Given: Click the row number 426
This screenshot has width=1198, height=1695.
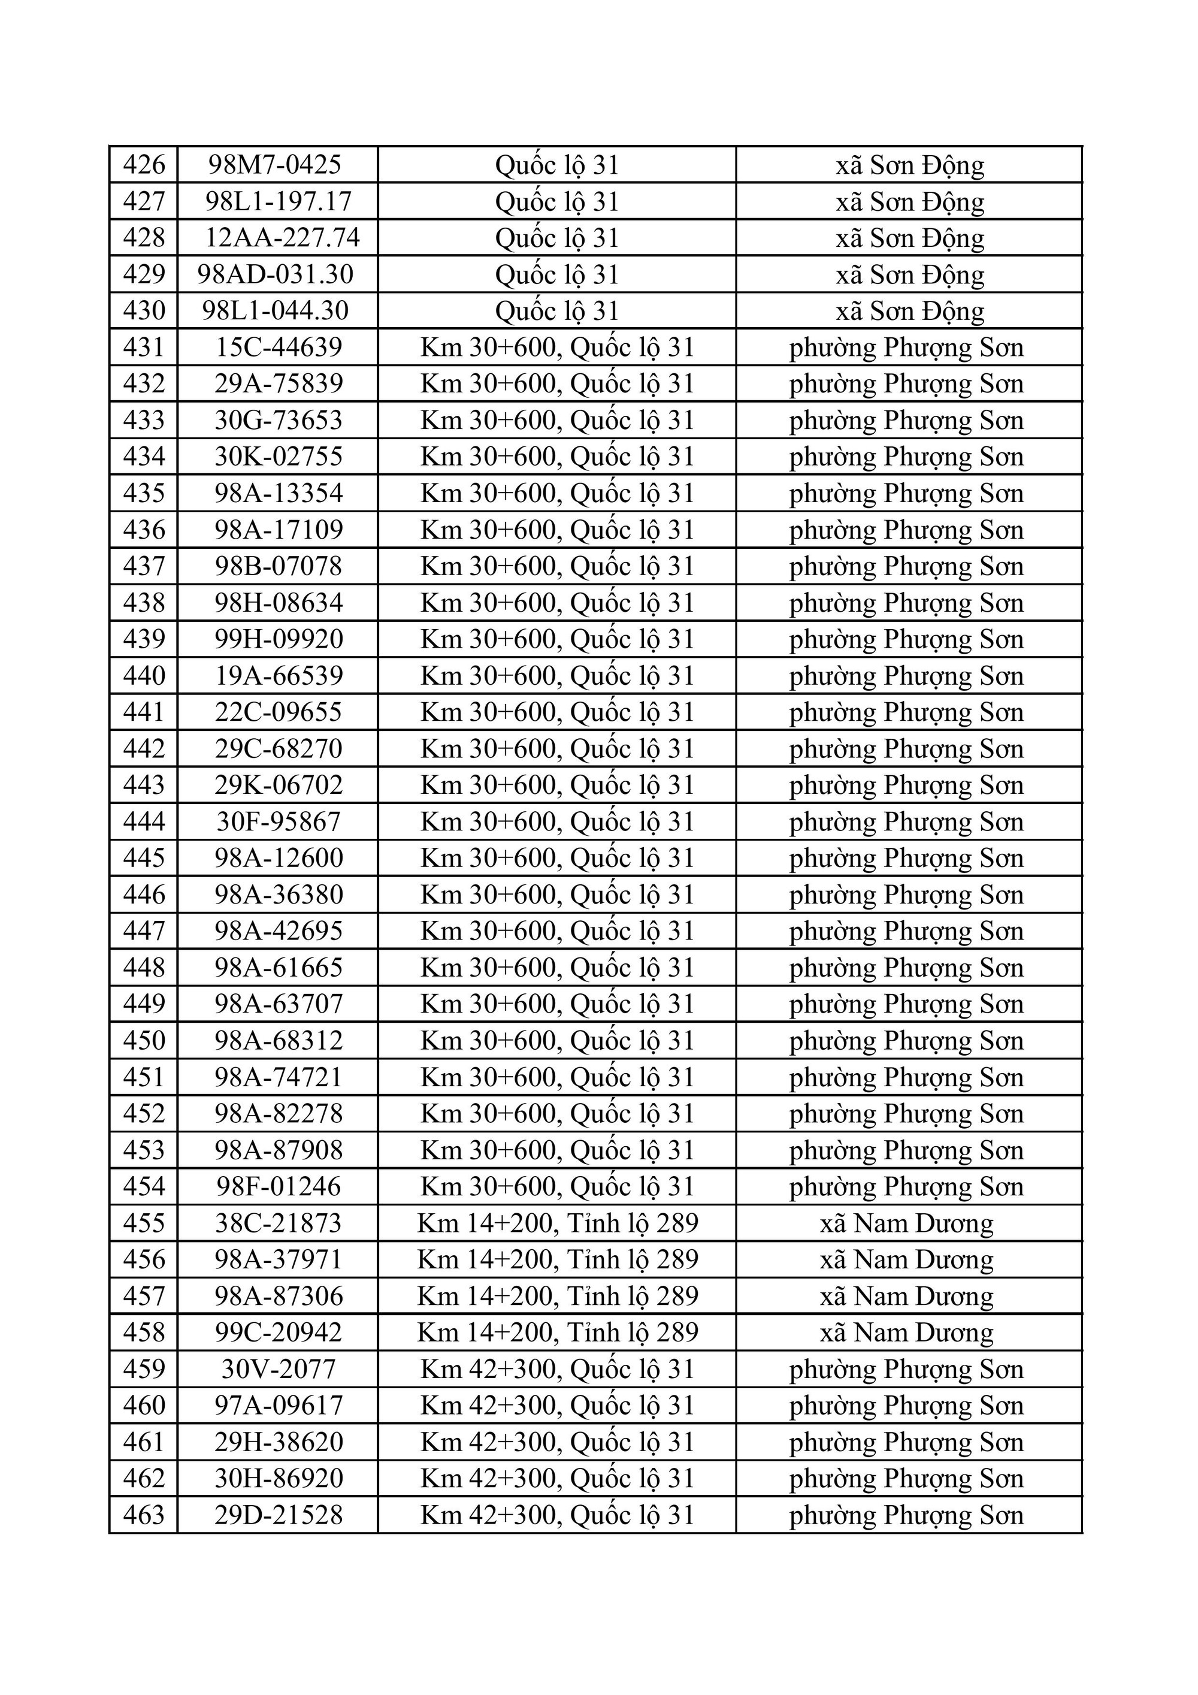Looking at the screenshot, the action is tap(144, 164).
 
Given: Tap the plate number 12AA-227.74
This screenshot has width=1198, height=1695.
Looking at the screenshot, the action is tap(282, 237).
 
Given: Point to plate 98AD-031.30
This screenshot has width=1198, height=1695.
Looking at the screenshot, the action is tap(276, 274).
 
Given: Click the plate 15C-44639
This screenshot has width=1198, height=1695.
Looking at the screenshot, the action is tap(279, 347).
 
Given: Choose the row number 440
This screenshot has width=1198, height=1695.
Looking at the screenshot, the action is tap(144, 675).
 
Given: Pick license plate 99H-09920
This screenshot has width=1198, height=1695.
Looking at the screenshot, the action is tap(279, 639).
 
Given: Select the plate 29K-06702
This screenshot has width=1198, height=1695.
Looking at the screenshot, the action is tap(279, 785).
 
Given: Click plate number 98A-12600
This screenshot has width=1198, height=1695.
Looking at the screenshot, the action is tap(279, 858).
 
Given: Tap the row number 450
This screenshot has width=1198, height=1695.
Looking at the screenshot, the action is tap(144, 1040).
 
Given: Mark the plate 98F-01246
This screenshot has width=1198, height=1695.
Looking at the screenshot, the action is tap(279, 1186).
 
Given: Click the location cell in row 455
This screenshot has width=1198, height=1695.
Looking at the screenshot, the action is tap(557, 1223).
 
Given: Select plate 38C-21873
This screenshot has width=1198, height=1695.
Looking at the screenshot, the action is tap(279, 1223).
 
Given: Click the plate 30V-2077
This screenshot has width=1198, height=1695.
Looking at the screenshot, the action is tap(279, 1370).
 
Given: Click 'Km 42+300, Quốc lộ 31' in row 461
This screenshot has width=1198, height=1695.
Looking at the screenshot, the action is tap(557, 1442).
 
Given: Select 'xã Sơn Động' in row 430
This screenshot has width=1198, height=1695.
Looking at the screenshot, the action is tap(909, 310).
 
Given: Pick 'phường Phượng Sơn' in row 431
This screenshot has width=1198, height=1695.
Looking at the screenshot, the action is tap(906, 347).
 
